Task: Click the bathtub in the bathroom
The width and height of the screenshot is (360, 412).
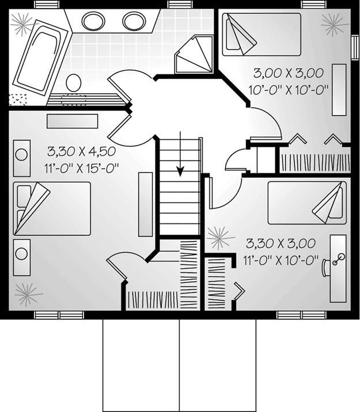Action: click(42, 58)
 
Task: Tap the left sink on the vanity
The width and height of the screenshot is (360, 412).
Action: click(93, 21)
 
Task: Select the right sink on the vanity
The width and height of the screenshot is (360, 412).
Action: click(134, 21)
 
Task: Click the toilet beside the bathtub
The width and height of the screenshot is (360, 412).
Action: click(73, 82)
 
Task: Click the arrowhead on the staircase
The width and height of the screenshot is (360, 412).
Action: click(180, 171)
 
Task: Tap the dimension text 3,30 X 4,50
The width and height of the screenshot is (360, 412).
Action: click(82, 151)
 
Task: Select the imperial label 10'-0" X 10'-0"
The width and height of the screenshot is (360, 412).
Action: click(289, 90)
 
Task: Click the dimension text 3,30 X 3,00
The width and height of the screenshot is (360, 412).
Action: click(281, 243)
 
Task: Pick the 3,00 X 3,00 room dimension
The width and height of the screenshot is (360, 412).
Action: click(289, 73)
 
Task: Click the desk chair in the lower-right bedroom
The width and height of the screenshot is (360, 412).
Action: click(327, 268)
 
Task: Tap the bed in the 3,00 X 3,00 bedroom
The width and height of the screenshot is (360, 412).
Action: click(262, 35)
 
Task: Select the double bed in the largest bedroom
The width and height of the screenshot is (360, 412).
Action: click(52, 208)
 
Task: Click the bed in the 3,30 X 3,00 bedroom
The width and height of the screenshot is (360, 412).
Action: click(307, 203)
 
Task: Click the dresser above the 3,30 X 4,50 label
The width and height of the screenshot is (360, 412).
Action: click(73, 121)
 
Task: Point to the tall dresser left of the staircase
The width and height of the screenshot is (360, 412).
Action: click(145, 204)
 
